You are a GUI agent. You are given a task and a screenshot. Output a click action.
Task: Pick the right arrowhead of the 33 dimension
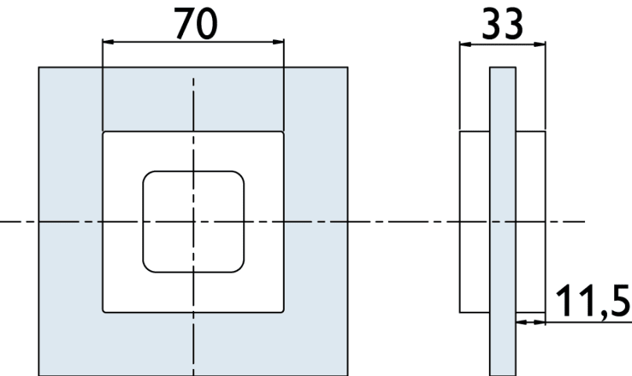pyautogui.click(x=540, y=45)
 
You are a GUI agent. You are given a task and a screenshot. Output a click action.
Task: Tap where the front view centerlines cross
pyautogui.click(x=193, y=222)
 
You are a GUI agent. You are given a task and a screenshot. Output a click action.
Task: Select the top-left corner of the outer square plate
pyautogui.click(x=39, y=67)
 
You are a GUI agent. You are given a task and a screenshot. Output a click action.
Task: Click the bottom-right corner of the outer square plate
pyautogui.click(x=347, y=375)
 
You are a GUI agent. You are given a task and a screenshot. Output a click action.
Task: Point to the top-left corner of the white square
pyautogui.click(x=103, y=132)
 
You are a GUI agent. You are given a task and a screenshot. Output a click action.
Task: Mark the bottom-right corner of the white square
pyautogui.click(x=283, y=313)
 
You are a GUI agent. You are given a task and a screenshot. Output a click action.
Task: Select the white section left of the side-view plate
pyautogui.click(x=475, y=222)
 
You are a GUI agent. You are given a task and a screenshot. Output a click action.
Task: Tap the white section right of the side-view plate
pyautogui.click(x=530, y=222)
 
